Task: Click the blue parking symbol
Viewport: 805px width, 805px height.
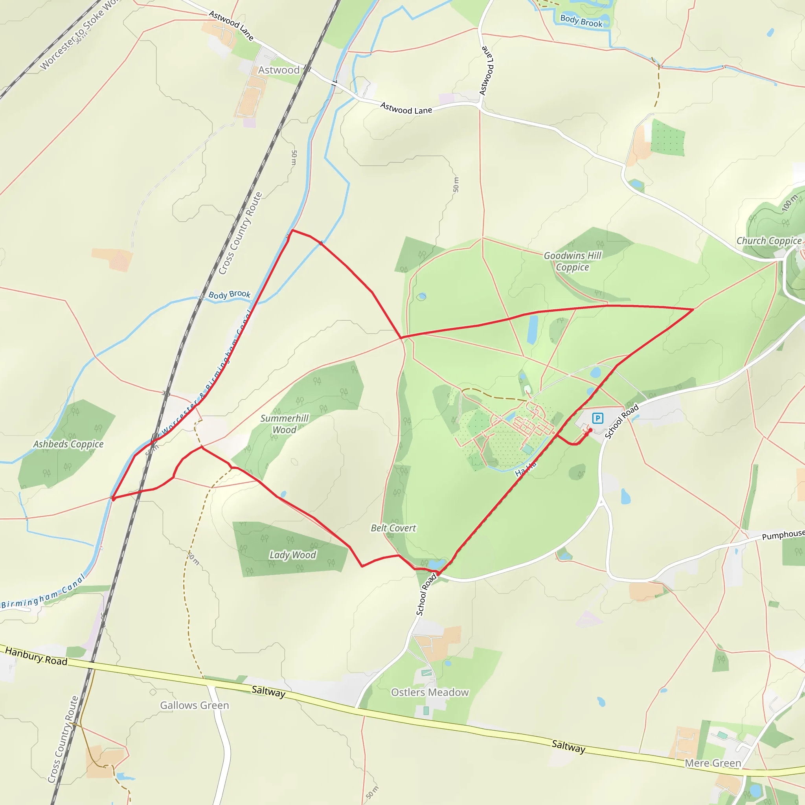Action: (597, 418)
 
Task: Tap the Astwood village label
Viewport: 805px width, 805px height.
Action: (279, 70)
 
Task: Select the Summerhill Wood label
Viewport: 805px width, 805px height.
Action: (285, 424)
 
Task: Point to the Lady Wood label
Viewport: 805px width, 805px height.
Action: (292, 555)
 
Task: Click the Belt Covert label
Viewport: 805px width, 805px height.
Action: (393, 528)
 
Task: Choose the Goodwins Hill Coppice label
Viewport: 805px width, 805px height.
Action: (572, 261)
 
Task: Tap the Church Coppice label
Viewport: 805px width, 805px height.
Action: (769, 241)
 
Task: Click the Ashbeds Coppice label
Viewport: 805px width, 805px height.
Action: (68, 444)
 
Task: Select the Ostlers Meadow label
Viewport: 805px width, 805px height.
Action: (430, 692)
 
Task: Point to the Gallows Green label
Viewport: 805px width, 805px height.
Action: (195, 705)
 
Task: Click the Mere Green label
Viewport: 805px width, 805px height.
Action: (713, 763)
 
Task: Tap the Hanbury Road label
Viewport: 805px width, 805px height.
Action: (36, 656)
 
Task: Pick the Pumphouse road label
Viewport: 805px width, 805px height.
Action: (783, 535)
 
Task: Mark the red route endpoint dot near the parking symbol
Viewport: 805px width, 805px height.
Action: (590, 430)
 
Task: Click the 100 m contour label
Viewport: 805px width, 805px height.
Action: (789, 203)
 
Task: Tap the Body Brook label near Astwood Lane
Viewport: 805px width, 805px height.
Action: (581, 21)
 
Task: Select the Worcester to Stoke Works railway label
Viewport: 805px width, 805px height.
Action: (79, 35)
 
